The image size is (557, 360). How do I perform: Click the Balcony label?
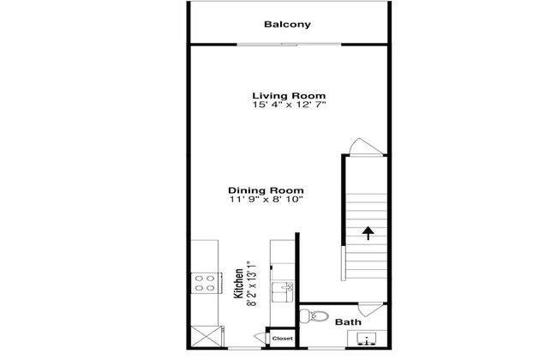tap(287, 24)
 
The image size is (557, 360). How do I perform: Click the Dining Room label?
tap(266, 190)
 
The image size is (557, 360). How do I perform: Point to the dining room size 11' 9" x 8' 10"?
tap(266, 200)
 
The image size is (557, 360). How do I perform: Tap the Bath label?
tap(346, 322)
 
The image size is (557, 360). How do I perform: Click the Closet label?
tap(282, 339)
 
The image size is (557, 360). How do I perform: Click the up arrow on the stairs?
tap(368, 233)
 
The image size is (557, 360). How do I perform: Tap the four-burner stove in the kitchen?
tap(205, 283)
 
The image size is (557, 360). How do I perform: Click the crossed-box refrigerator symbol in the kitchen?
tap(204, 335)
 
